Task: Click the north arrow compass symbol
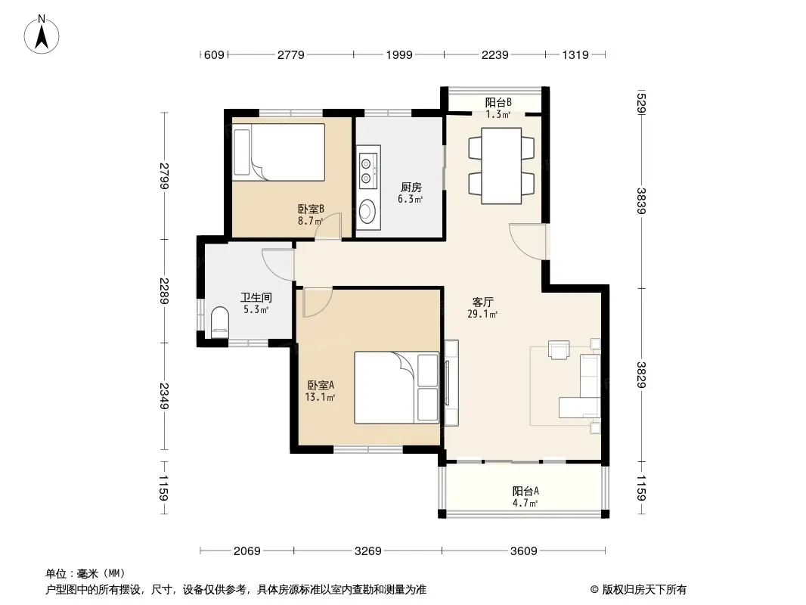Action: pyautogui.click(x=42, y=34)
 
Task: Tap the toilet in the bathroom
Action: pyautogui.click(x=219, y=322)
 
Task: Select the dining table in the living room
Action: pyautogui.click(x=501, y=166)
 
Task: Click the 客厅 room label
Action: pyautogui.click(x=482, y=302)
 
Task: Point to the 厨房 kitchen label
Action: pyautogui.click(x=411, y=187)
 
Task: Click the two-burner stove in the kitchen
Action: pyautogui.click(x=366, y=171)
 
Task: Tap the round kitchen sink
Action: pyautogui.click(x=367, y=211)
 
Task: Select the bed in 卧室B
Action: pyautogui.click(x=278, y=152)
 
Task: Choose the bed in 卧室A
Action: pyautogui.click(x=396, y=387)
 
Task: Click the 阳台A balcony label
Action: pyautogui.click(x=525, y=491)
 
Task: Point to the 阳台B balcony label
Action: pyautogui.click(x=498, y=102)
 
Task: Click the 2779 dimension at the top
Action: pyautogui.click(x=291, y=54)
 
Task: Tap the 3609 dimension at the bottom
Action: pyautogui.click(x=524, y=551)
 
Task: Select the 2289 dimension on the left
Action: pyautogui.click(x=164, y=291)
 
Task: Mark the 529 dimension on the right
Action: pyautogui.click(x=641, y=103)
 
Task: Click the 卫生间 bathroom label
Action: pyautogui.click(x=256, y=297)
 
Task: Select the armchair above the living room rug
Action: pyautogui.click(x=559, y=349)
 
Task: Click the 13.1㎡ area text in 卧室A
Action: pyautogui.click(x=320, y=397)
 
